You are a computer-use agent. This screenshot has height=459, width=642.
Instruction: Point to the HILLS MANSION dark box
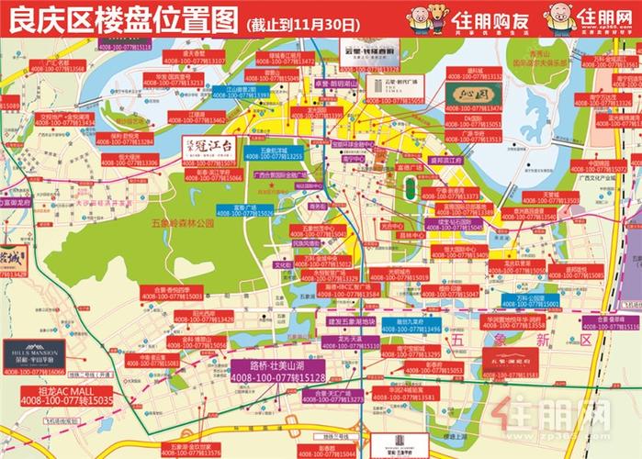[x=34, y=353]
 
